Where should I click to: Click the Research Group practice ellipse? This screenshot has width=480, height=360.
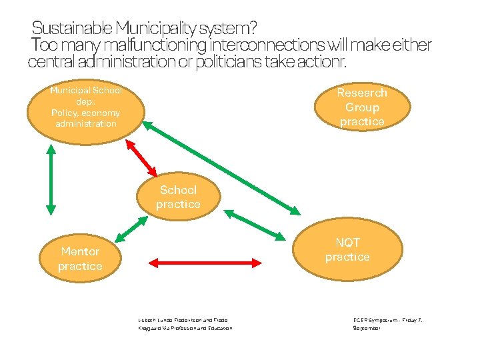(361, 107)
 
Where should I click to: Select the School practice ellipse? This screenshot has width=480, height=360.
(178, 197)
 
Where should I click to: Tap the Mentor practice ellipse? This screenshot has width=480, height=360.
(80, 259)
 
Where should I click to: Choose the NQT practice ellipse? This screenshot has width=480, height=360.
(347, 250)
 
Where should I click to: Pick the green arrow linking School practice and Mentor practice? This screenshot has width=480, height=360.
(131, 229)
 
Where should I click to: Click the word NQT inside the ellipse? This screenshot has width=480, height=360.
(347, 243)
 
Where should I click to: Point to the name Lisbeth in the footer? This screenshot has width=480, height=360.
(147, 320)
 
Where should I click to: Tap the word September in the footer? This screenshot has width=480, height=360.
(367, 329)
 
